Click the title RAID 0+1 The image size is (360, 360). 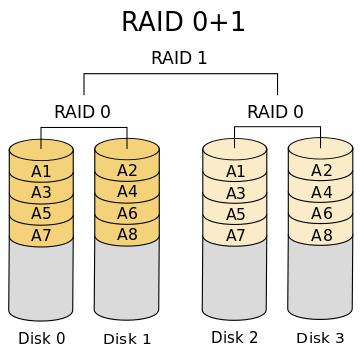tap(183, 22)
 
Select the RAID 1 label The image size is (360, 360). tap(179, 58)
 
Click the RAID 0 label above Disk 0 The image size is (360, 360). tap(82, 111)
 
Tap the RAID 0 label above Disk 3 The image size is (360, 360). tap(276, 111)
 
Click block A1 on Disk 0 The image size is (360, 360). tap(41, 171)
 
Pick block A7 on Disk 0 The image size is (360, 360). tap(41, 235)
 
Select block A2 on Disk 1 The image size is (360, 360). tap(127, 171)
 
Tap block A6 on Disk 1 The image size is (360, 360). tap(127, 214)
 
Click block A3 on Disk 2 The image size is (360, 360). tap(235, 193)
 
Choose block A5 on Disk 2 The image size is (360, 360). tap(235, 214)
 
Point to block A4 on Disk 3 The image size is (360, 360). tap(321, 192)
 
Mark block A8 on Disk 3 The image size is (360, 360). tap(321, 235)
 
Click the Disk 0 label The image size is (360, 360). tap(41, 338)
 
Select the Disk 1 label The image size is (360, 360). tap(127, 338)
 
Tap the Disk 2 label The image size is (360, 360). tap(235, 337)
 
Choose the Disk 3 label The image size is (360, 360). tap(320, 338)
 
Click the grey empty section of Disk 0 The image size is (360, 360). tap(41, 280)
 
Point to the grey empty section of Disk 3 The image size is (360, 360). tap(321, 280)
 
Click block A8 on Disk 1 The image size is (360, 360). tap(127, 235)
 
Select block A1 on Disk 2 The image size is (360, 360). tap(235, 171)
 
